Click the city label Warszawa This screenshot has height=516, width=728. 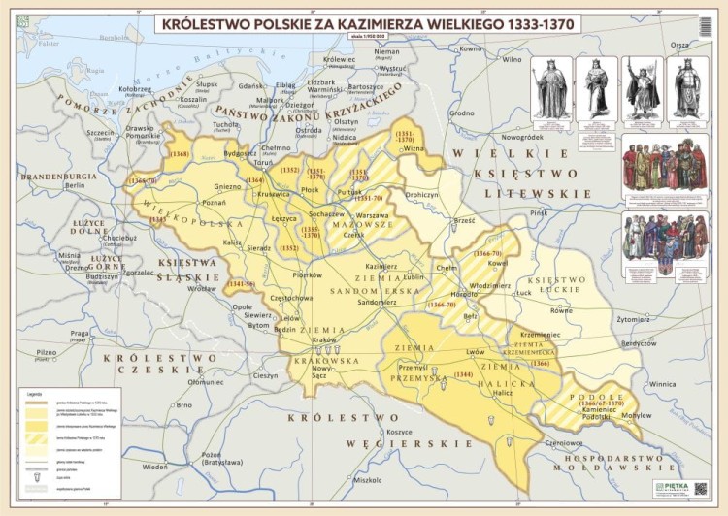[x=372, y=214]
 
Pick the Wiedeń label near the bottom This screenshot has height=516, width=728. [x=155, y=467]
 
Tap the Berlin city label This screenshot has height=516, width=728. [x=75, y=185]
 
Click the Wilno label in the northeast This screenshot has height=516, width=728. [x=513, y=58]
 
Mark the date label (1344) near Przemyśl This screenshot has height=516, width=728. [x=463, y=374]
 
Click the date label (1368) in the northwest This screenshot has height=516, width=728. [x=179, y=154]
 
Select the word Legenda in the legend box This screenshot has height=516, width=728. [x=61, y=395]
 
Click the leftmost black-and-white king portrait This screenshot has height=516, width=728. [x=551, y=88]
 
